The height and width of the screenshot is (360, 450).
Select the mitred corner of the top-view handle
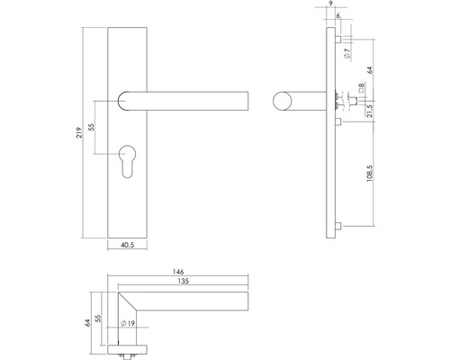pos(125,296)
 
